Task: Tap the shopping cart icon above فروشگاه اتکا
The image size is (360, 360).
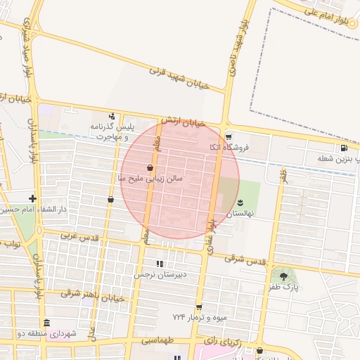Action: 228,136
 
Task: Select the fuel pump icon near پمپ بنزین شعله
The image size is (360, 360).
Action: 343,148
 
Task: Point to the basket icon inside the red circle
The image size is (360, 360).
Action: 150,167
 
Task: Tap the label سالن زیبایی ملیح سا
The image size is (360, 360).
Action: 150,179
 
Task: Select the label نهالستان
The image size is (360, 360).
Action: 242,212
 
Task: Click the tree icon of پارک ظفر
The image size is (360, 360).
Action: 284,276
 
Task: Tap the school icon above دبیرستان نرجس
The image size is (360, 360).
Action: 160,264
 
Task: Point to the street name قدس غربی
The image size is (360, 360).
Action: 77,236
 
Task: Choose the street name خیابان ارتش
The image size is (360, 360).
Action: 182,122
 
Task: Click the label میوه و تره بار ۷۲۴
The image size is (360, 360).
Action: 200,317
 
